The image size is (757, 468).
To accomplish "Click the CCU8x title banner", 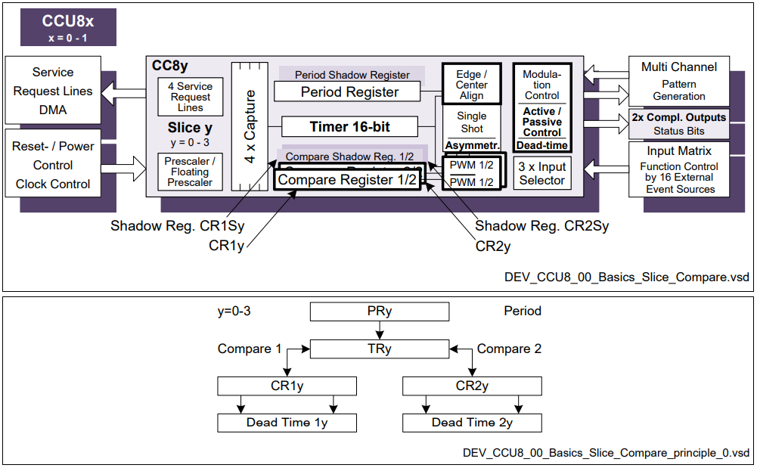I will click(69, 26).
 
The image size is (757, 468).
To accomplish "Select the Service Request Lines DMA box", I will click(53, 91).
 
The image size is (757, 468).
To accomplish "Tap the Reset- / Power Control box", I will click(53, 164).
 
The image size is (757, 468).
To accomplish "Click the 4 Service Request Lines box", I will click(191, 97).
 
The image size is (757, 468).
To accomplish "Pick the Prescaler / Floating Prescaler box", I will click(191, 172).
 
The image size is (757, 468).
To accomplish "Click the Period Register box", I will click(349, 92).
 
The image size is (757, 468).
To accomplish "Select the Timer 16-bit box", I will click(349, 126).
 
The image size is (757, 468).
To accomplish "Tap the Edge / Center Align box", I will click(472, 85).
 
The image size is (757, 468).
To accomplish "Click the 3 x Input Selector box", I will click(541, 173).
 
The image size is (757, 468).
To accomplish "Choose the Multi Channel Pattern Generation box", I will click(678, 80).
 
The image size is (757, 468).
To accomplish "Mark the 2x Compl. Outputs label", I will click(678, 117).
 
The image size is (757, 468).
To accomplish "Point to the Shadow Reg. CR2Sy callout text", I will click(541, 226).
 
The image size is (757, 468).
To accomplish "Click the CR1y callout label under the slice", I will click(227, 246).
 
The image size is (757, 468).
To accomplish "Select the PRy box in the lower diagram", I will click(379, 311).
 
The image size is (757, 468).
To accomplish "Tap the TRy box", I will click(379, 349).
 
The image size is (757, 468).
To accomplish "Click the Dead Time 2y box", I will click(472, 423).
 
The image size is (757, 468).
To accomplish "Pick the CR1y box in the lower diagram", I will click(287, 386).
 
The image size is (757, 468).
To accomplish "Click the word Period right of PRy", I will click(523, 311).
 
